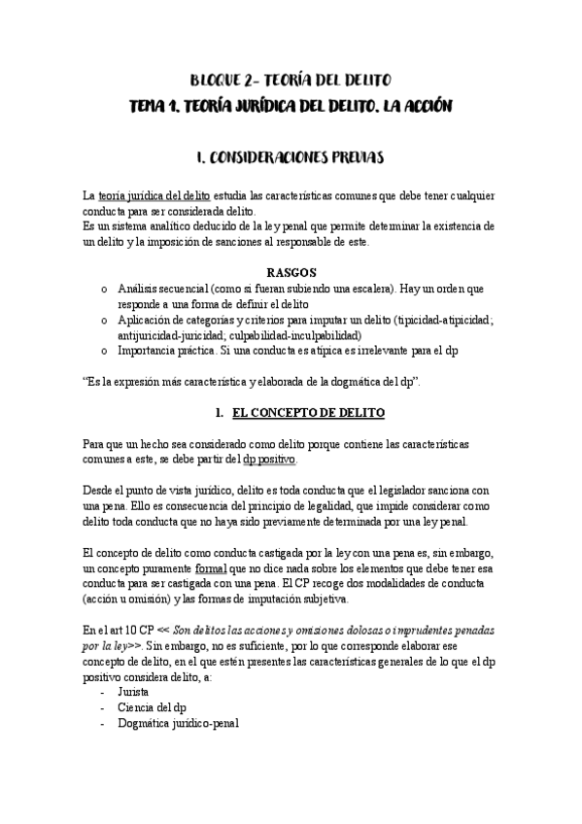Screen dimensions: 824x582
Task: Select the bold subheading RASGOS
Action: click(x=290, y=272)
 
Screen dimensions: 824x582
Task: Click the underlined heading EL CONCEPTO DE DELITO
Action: click(x=309, y=413)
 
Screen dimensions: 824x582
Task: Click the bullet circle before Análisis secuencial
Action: click(x=104, y=290)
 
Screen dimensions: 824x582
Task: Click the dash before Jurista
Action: click(x=104, y=691)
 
